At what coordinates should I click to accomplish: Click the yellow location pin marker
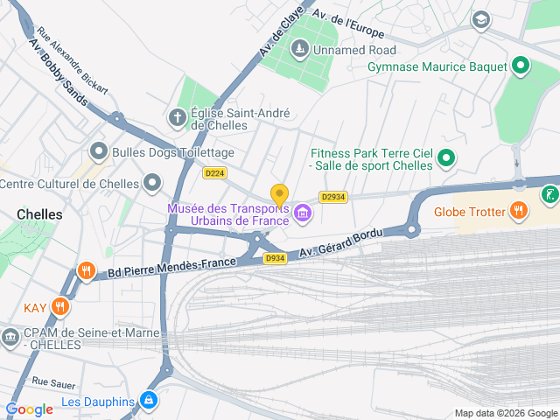pyautogui.click(x=279, y=194)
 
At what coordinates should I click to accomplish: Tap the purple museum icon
pyautogui.click(x=303, y=213)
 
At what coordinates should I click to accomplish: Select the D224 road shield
pyautogui.click(x=214, y=173)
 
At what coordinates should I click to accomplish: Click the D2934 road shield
pyautogui.click(x=333, y=197)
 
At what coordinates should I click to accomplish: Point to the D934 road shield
pyautogui.click(x=276, y=258)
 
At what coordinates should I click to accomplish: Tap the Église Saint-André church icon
pyautogui.click(x=178, y=116)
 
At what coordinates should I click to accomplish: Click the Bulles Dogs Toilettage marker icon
pyautogui.click(x=99, y=151)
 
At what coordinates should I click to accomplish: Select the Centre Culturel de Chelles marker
pyautogui.click(x=153, y=183)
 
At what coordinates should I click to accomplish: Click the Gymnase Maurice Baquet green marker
pyautogui.click(x=521, y=66)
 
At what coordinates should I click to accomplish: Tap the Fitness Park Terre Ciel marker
pyautogui.click(x=446, y=158)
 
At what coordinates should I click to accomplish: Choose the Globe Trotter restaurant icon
pyautogui.click(x=519, y=210)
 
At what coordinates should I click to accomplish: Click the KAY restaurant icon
pyautogui.click(x=59, y=306)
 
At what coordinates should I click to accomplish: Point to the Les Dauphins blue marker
pyautogui.click(x=150, y=401)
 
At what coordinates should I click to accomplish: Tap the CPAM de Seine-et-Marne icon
pyautogui.click(x=10, y=336)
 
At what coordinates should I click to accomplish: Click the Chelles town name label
pyautogui.click(x=39, y=214)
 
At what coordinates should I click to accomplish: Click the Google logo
pyautogui.click(x=29, y=409)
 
